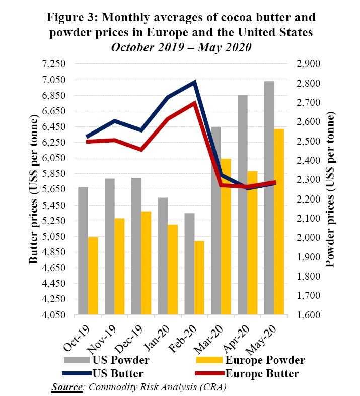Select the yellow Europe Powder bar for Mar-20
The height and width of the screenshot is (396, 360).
(226, 237)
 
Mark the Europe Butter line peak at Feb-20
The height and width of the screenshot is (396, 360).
(194, 103)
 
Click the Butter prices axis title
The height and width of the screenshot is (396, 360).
(34, 189)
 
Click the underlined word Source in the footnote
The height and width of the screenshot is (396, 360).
(66, 387)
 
